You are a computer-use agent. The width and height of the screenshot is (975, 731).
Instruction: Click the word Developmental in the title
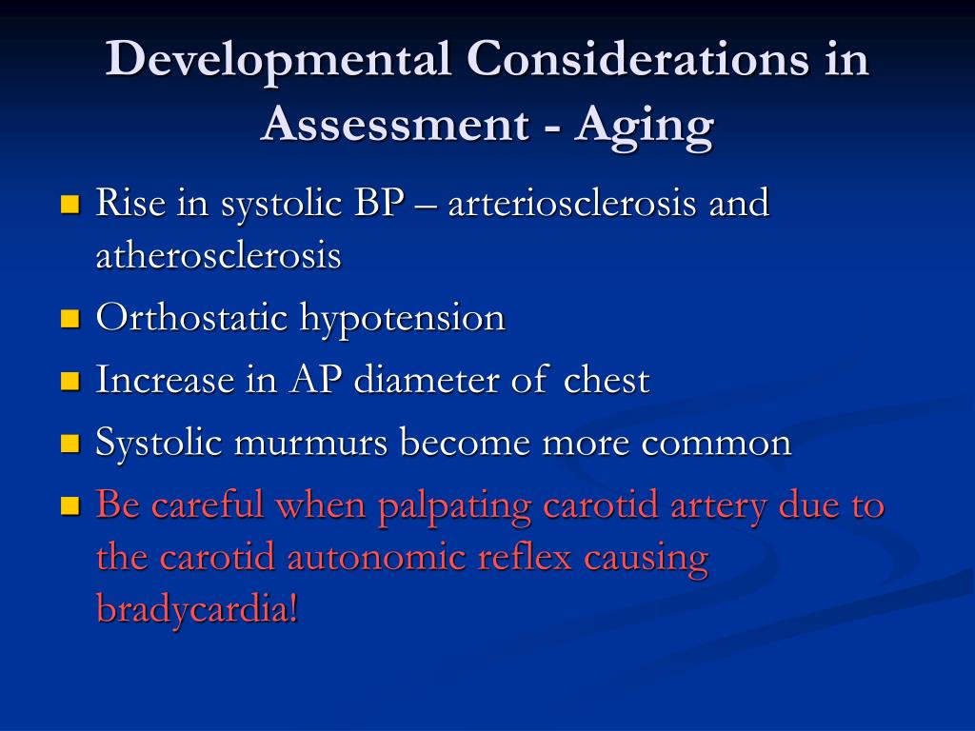click(x=278, y=61)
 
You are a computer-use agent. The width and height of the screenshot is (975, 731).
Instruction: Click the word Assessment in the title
click(x=395, y=123)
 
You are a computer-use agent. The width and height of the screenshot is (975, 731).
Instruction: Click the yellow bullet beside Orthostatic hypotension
click(x=70, y=319)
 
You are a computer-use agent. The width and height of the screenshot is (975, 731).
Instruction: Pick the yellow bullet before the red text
click(x=70, y=505)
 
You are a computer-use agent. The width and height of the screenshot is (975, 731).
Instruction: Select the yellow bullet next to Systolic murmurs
click(x=70, y=444)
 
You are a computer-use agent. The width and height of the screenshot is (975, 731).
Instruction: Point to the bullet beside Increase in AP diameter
click(x=70, y=381)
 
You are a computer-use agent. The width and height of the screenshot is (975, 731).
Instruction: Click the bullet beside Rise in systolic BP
click(x=70, y=204)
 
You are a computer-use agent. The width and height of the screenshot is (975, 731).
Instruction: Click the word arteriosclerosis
click(x=571, y=204)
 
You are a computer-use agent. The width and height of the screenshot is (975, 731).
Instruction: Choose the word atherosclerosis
click(x=218, y=255)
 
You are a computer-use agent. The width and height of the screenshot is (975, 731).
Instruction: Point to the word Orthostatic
click(x=191, y=317)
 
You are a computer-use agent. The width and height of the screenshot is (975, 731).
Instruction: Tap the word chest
click(x=607, y=379)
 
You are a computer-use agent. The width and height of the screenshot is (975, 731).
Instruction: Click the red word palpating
click(x=454, y=506)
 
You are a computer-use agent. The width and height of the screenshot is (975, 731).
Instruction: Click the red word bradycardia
click(x=197, y=609)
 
